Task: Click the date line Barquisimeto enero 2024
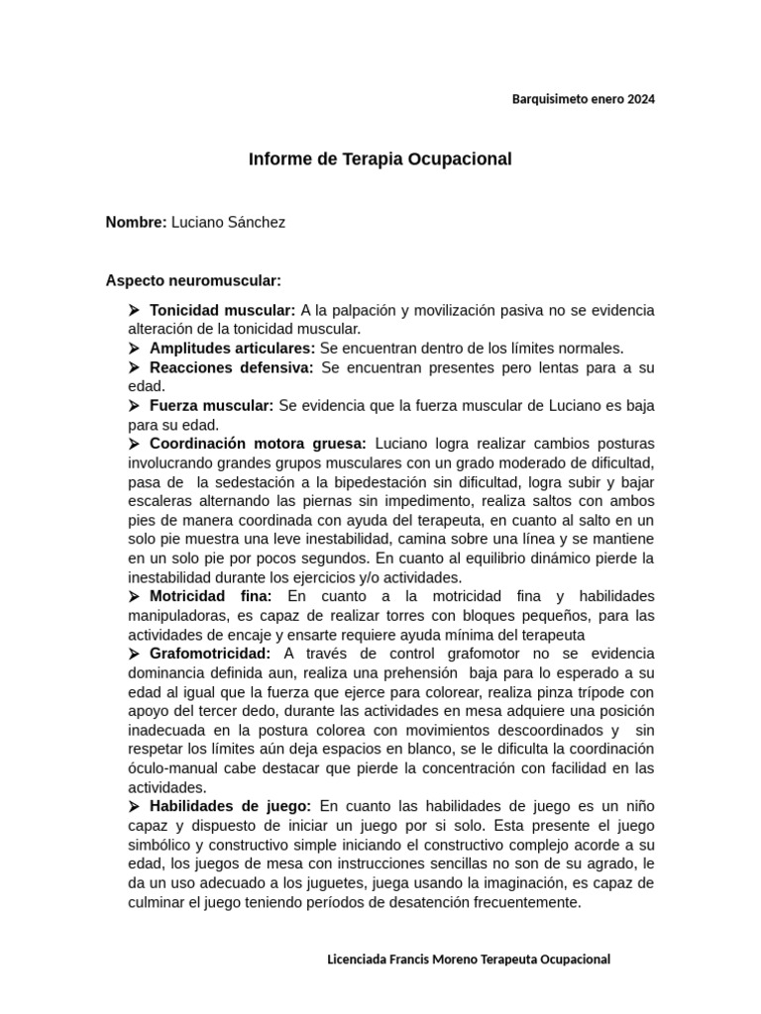pos(583,99)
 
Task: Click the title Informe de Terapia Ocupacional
pos(380,158)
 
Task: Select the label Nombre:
pos(136,222)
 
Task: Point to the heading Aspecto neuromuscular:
pos(193,280)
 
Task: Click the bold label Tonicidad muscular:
pos(222,310)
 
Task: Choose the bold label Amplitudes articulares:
pos(232,348)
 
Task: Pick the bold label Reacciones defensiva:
pos(231,367)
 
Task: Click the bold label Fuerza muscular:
pos(211,405)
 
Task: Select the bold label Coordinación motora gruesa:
pos(258,443)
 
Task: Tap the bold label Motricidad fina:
pos(210,595)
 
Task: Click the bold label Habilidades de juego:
pos(230,806)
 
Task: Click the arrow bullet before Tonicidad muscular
pos(135,310)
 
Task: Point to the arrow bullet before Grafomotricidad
pos(135,653)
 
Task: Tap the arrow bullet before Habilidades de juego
pos(135,806)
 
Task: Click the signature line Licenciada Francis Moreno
pos(468,959)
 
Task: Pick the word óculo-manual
pos(173,767)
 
